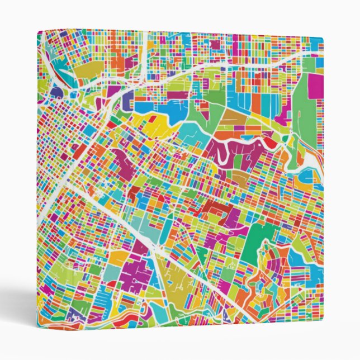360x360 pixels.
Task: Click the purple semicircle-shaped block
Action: [56, 91]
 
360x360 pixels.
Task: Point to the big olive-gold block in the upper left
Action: [89, 69]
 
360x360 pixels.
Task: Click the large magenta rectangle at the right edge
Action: [316, 86]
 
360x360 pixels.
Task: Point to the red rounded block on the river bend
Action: [270, 143]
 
